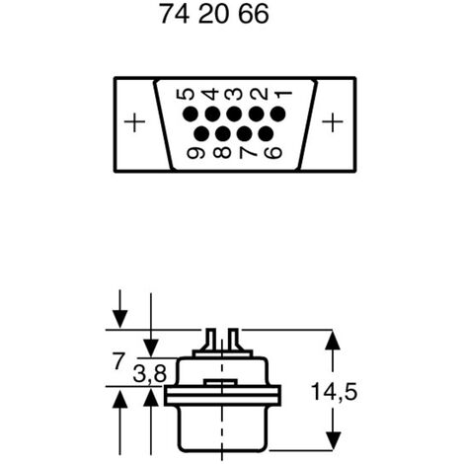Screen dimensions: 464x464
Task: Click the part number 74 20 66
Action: pos(214,14)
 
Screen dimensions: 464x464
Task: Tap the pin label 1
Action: pos(283,95)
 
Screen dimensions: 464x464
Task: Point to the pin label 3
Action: pos(234,95)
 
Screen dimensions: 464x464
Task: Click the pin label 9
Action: pos(195,153)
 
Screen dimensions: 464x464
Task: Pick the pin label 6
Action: pos(273,153)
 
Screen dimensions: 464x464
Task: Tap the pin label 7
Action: pos(248,152)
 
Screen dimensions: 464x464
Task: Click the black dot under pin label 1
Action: pos(278,115)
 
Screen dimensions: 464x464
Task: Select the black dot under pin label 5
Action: pos(191,115)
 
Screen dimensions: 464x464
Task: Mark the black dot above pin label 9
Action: pos(201,133)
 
